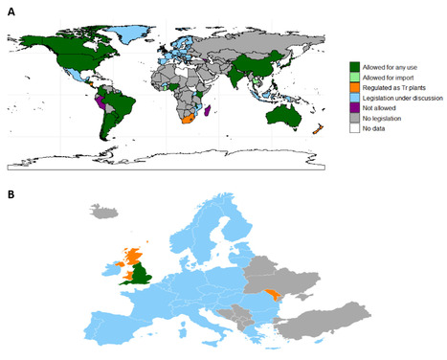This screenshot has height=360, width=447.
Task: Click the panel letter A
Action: click(x=11, y=11)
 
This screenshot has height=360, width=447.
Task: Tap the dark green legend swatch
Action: click(x=354, y=64)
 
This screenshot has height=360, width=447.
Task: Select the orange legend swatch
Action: click(x=354, y=87)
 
